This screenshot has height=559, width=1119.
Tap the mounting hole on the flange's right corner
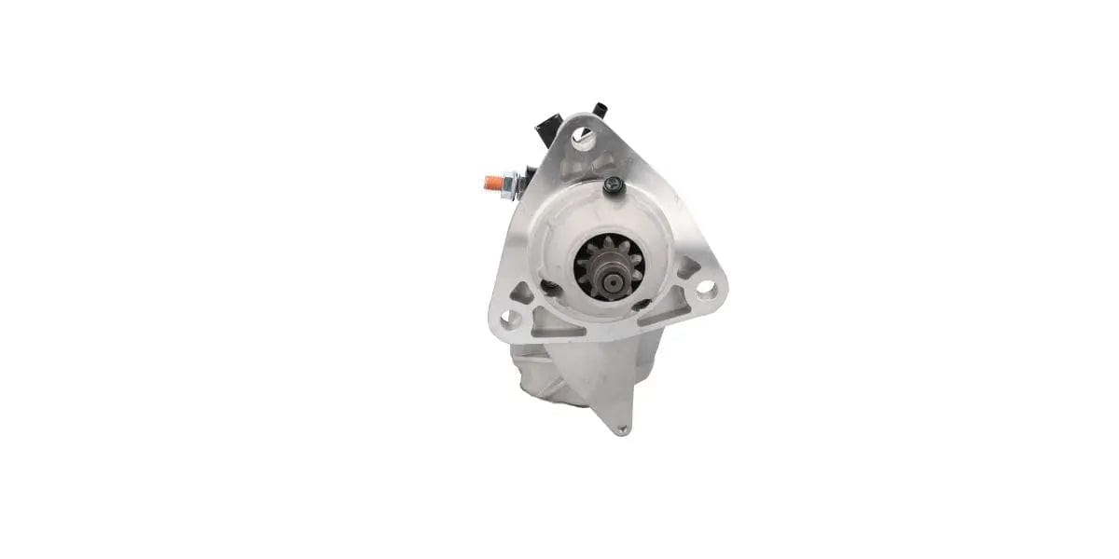point(706,289)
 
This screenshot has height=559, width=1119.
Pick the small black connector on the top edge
point(599,110)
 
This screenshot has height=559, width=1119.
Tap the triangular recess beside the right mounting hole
point(687,270)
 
